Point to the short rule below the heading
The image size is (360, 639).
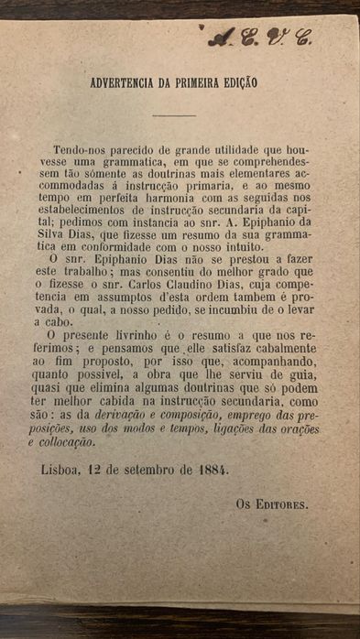click(174, 115)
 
